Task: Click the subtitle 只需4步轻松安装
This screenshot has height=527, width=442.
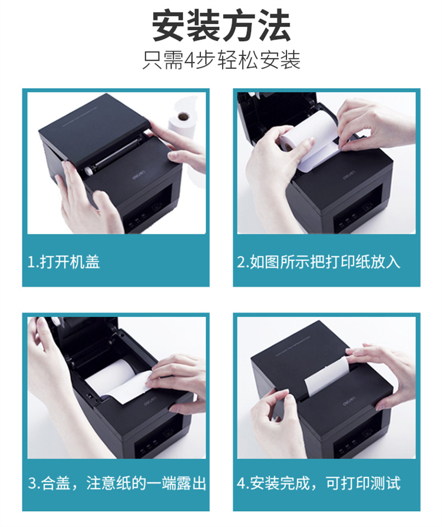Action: tap(221, 60)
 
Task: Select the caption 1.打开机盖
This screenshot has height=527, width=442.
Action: tap(64, 262)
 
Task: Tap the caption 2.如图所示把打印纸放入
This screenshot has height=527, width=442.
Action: tap(319, 262)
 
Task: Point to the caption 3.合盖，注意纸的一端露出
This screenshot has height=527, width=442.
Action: tap(117, 483)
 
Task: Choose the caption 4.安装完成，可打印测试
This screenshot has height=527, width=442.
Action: tap(319, 483)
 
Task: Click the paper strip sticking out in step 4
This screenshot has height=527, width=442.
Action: tap(326, 376)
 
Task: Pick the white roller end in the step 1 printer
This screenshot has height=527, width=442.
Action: tap(89, 170)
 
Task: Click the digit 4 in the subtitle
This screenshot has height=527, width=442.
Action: tap(190, 61)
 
